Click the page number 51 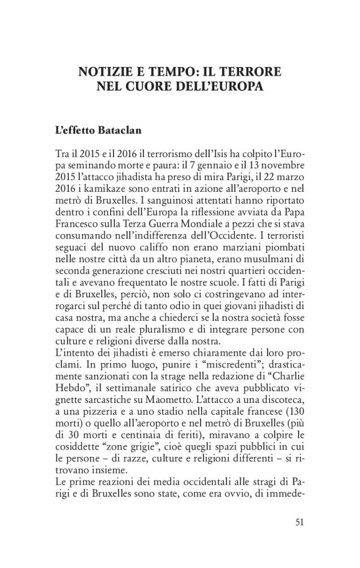tap(299, 521)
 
